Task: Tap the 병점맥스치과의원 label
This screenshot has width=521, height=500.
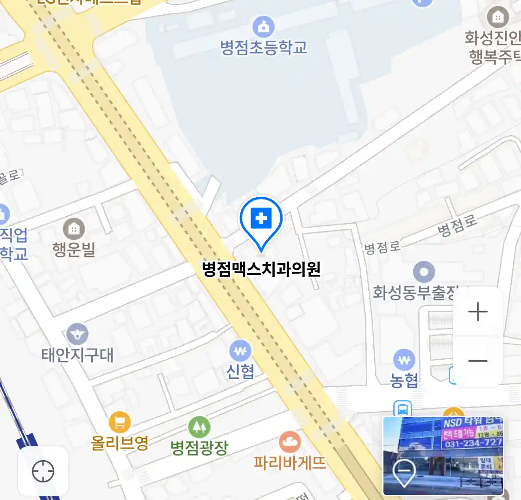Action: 261,269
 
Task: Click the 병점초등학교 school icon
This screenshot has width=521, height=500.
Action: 263,27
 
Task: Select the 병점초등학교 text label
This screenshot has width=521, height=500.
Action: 263,47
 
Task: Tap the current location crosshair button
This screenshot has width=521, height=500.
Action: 43,472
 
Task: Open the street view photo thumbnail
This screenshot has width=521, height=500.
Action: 443,456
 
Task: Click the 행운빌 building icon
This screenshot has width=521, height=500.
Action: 74,229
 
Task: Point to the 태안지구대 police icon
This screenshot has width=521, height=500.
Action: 77,334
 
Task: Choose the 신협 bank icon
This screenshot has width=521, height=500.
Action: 240,351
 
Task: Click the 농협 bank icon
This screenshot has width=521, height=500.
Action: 404,360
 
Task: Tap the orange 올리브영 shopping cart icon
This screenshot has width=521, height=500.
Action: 119,422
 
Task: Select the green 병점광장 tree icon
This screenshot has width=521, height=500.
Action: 199,427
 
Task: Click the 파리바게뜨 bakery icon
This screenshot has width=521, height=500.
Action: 290,442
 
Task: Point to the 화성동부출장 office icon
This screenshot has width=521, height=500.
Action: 423,272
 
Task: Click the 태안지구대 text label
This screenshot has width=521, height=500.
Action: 77,355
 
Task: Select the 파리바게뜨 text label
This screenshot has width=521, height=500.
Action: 290,462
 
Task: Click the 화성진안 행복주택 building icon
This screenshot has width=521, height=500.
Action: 498,18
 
